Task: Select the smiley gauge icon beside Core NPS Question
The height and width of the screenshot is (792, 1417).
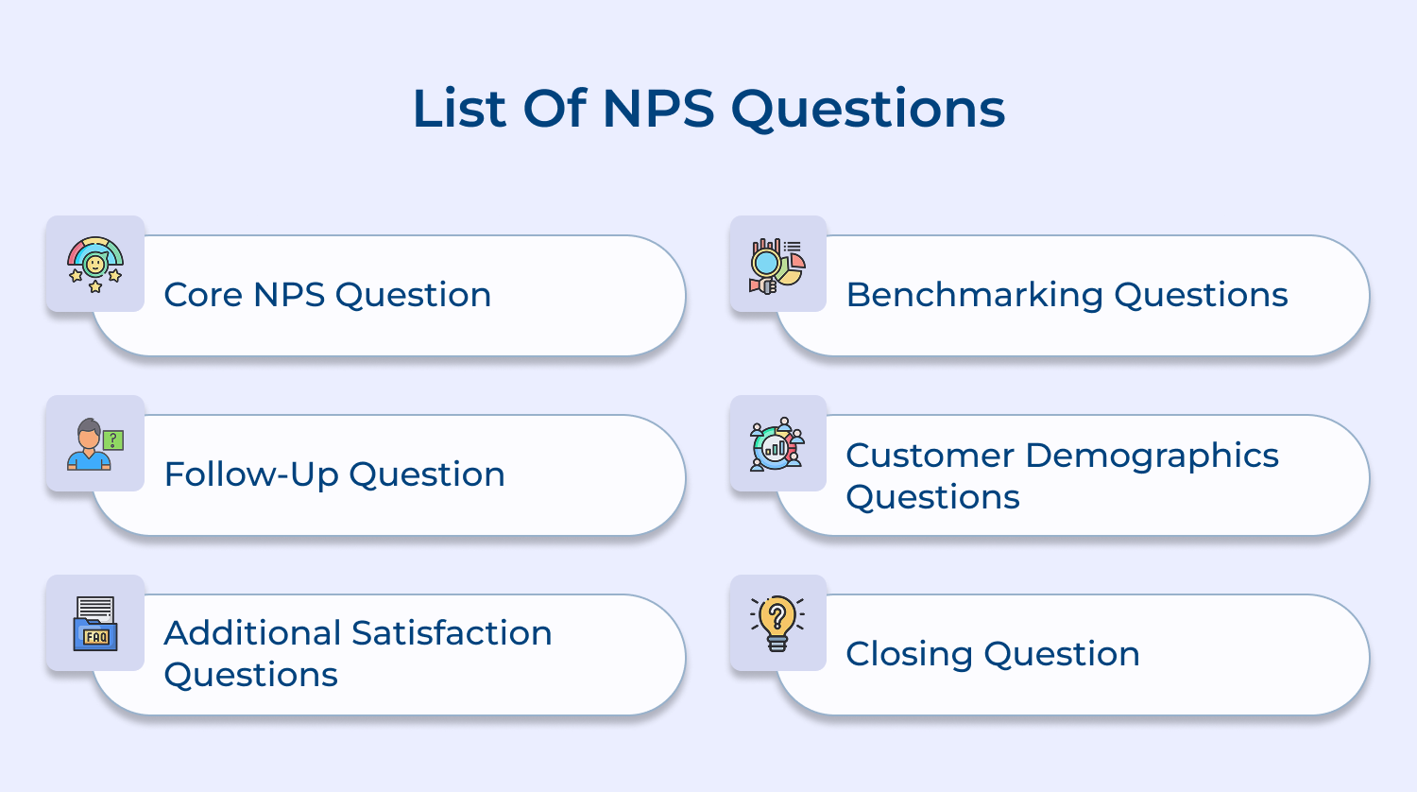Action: pyautogui.click(x=95, y=264)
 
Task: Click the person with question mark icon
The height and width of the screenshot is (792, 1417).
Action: pyautogui.click(x=95, y=444)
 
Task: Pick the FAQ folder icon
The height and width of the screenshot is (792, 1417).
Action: pyautogui.click(x=95, y=624)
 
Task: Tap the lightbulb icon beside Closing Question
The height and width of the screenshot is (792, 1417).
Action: pyautogui.click(x=777, y=624)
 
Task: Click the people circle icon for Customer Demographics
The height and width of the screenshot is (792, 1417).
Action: pyautogui.click(x=777, y=444)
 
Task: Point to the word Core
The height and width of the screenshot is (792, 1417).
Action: pyautogui.click(x=203, y=295)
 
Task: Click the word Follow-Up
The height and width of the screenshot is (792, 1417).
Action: pyautogui.click(x=250, y=474)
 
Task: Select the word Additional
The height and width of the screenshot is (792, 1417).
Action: pyautogui.click(x=249, y=633)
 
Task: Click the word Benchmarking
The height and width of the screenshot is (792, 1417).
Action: pyautogui.click(x=974, y=295)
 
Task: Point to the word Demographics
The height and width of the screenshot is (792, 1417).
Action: pyautogui.click(x=1152, y=456)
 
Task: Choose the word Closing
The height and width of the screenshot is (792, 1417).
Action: pyautogui.click(x=909, y=654)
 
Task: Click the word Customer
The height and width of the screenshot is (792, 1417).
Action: pyautogui.click(x=930, y=456)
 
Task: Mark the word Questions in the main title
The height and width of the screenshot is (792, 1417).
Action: pyautogui.click(x=868, y=110)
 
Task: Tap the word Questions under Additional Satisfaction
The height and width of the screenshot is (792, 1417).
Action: pyautogui.click(x=250, y=676)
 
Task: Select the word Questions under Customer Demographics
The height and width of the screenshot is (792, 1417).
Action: pyautogui.click(x=932, y=498)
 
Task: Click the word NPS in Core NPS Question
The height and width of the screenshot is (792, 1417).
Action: pyautogui.click(x=288, y=295)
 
